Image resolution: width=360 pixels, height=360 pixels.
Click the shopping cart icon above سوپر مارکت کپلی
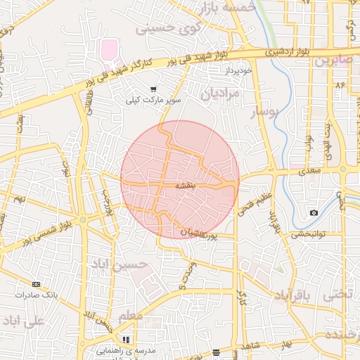[x=153, y=89]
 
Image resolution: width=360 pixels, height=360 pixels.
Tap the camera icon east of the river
[x=314, y=212]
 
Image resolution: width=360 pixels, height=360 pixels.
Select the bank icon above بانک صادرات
[x=37, y=285]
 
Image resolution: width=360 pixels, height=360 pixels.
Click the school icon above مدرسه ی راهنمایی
[x=126, y=340]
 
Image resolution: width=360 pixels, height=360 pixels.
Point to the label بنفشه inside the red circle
[x=175, y=186]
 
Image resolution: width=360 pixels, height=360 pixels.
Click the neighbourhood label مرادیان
[x=221, y=93]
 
